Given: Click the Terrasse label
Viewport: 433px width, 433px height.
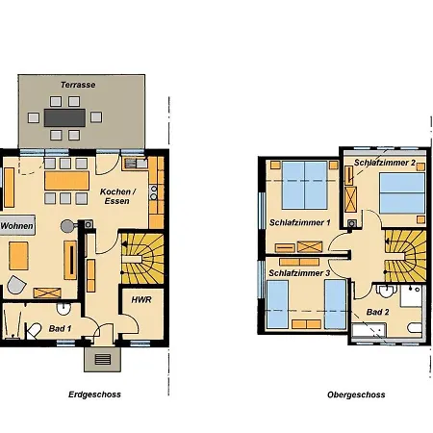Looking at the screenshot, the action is point(78,85).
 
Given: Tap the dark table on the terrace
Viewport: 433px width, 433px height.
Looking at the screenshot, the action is point(64,117).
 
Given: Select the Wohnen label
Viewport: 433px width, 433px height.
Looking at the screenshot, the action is point(16,226).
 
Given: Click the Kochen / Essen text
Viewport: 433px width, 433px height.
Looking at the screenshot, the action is point(117,196).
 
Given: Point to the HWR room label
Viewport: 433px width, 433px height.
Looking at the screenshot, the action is point(141,299).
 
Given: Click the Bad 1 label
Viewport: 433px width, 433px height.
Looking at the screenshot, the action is point(60,328).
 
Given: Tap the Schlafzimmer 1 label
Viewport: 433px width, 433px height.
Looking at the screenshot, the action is point(300,222).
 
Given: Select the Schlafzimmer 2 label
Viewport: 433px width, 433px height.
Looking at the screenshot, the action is point(385,163).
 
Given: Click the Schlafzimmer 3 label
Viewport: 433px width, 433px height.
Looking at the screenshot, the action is point(299,273).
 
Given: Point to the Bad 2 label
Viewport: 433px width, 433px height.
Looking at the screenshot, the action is point(377,312).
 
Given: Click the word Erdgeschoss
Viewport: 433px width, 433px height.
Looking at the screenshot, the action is point(94,395).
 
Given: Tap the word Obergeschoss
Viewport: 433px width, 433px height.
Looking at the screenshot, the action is point(356,395).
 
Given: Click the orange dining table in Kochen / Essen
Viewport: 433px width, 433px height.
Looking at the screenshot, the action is point(66,181).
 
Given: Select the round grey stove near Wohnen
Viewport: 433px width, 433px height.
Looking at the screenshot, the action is point(67,226).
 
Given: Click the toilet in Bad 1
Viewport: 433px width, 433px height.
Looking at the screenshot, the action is point(34,330).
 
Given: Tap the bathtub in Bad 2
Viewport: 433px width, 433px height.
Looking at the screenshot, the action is point(369,330).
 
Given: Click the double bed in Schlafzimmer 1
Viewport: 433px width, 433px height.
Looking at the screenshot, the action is point(305,185).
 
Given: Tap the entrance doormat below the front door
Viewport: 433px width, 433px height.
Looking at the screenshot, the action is point(103,359).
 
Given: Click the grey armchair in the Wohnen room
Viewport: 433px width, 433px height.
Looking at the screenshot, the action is point(16,285).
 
